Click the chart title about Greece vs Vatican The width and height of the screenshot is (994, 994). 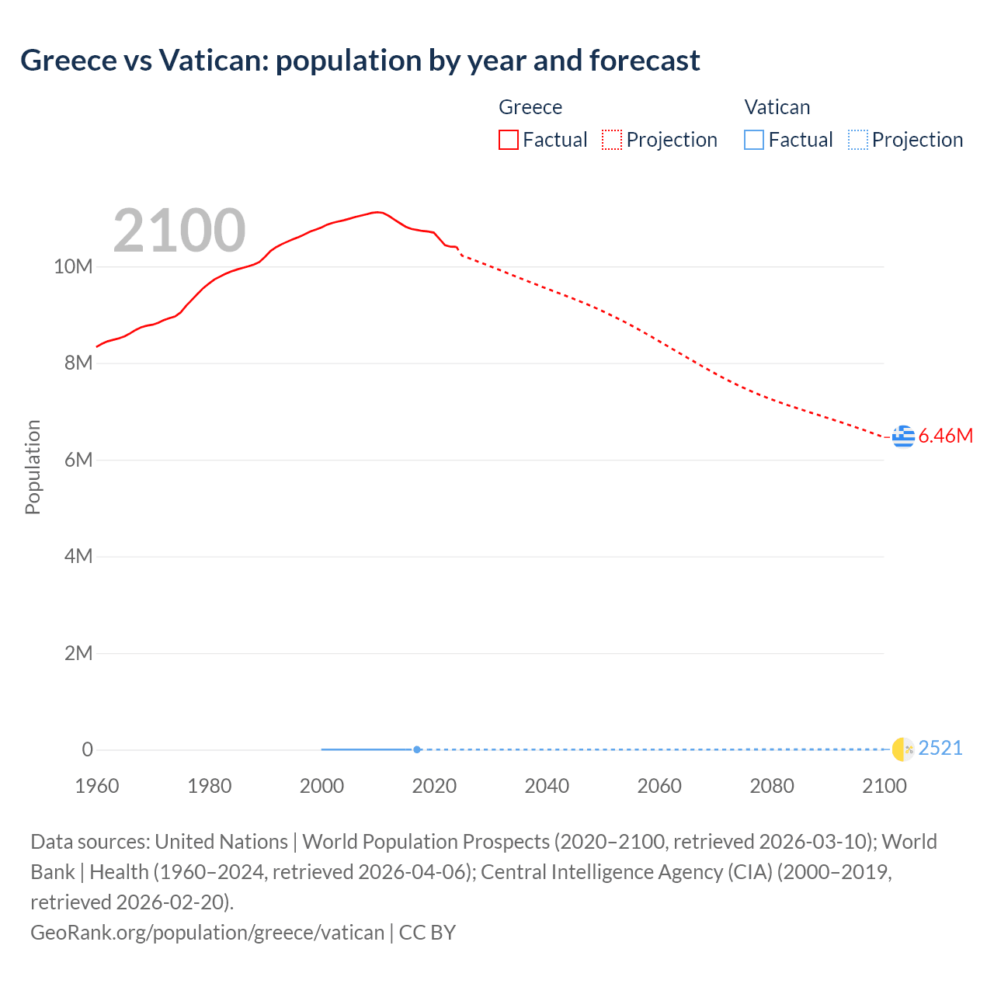pos(360,61)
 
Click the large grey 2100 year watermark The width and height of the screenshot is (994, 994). pos(179,230)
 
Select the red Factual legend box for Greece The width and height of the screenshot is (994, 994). pos(509,140)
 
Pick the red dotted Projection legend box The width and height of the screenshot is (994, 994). pos(612,140)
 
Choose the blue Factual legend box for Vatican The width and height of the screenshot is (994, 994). pos(754,140)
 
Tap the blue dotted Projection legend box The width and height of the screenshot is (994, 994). pos(857,140)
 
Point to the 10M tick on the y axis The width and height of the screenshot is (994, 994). pos(73,267)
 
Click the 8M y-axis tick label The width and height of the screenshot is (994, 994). pos(78,363)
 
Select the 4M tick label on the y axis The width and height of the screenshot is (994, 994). pos(78,557)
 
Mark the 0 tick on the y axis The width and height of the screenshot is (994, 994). pos(87,749)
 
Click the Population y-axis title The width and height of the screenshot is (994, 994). pos(33,467)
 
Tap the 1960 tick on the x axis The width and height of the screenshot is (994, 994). pos(97,786)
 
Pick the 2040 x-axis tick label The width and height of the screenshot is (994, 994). pos(547,786)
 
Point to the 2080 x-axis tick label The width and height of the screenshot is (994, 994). pos(772,786)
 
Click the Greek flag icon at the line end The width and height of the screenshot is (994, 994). pos(903,436)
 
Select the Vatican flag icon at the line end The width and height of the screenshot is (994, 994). pos(903,749)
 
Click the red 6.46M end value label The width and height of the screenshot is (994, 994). pos(946,436)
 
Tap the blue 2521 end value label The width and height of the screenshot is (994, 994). pos(940,749)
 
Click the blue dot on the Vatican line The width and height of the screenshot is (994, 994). pos(417,749)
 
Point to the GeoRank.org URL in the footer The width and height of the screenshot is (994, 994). pos(207,933)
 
